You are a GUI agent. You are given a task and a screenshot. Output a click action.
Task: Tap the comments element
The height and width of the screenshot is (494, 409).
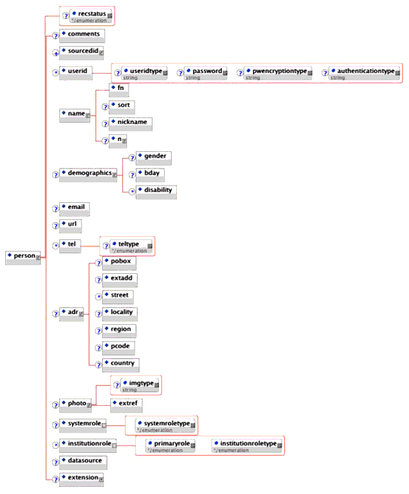(80, 33)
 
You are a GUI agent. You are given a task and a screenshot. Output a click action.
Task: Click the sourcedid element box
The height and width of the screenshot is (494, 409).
(82, 52)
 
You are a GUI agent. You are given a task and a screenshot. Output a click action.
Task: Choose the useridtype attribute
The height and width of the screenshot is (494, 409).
(144, 72)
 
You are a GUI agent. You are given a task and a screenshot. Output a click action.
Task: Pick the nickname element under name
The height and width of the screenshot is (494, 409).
(130, 123)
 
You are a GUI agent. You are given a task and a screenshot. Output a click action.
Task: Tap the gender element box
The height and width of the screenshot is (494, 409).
(152, 157)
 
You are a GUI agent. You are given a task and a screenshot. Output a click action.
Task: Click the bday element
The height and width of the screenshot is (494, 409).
(151, 174)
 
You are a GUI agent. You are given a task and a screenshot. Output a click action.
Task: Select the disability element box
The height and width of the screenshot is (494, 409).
(156, 192)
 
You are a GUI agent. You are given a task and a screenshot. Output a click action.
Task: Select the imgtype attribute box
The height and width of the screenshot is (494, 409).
(138, 385)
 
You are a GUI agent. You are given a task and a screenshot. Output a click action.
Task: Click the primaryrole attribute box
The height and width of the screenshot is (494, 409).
(170, 445)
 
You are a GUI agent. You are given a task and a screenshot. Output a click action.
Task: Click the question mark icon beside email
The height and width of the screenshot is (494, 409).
(56, 208)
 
